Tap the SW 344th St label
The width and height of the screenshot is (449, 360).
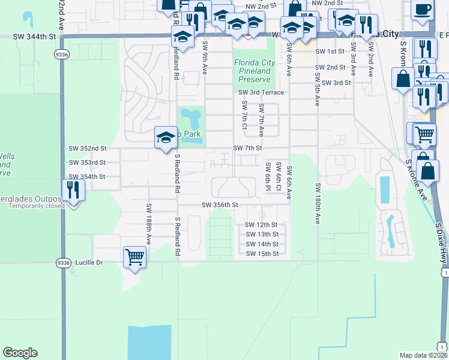tap(34, 37)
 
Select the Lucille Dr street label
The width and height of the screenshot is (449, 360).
tap(90, 262)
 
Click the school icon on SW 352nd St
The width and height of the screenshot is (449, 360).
tap(166, 137)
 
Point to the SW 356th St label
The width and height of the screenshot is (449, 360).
tap(220, 205)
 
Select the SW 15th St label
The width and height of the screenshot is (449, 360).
tap(262, 254)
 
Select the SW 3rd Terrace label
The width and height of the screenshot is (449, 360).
tap(261, 92)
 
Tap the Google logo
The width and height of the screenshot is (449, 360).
tap(20, 353)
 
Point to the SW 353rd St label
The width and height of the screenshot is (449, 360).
tap(87, 163)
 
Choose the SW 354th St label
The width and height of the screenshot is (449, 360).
tap(87, 177)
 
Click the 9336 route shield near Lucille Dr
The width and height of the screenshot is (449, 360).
tap(62, 262)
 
